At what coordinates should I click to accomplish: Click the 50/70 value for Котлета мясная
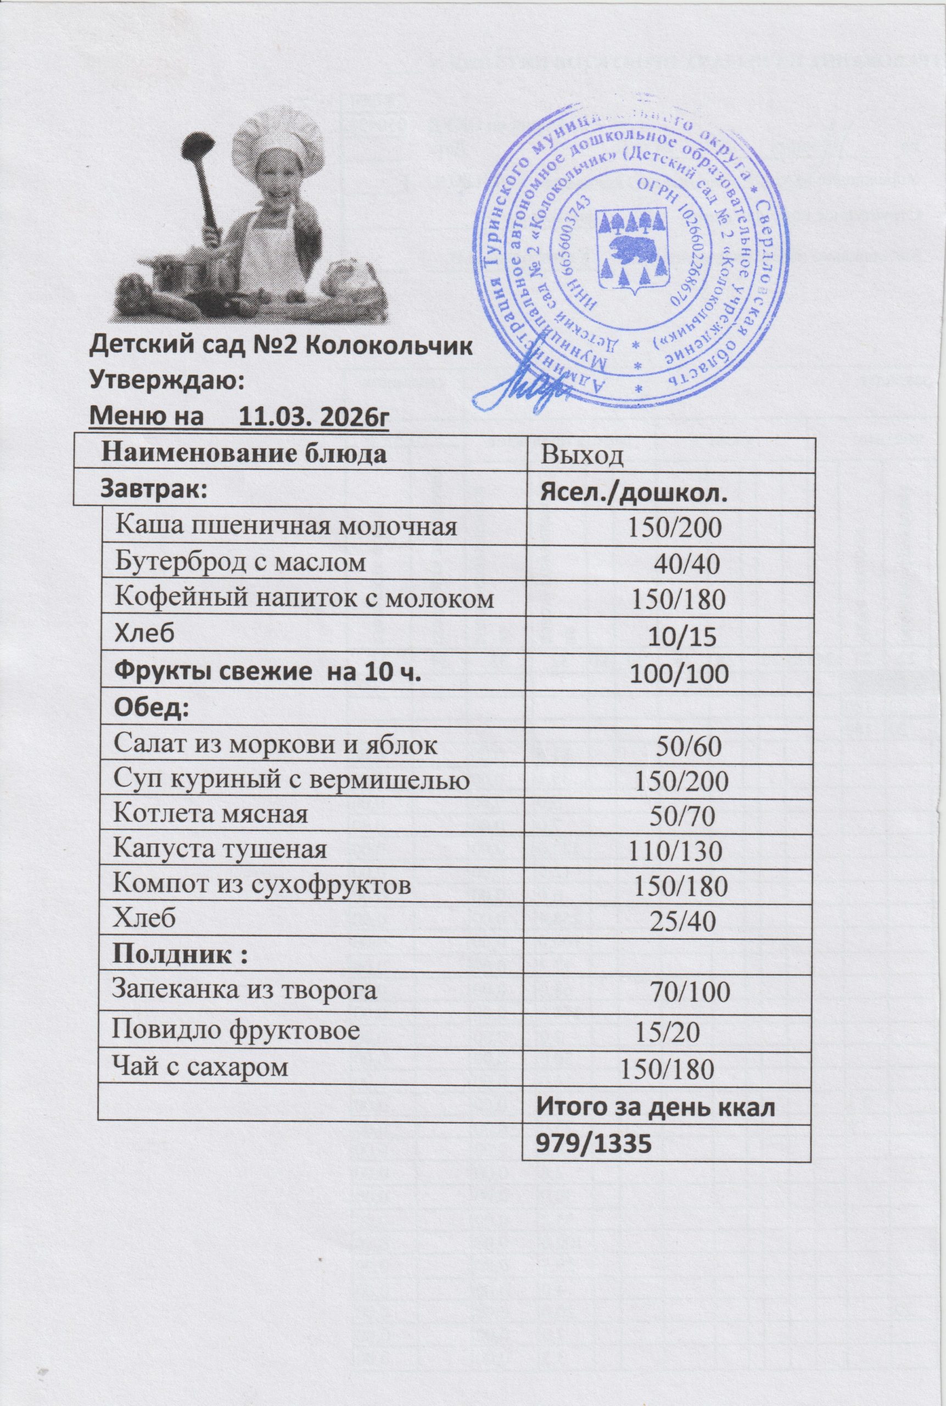click(x=682, y=815)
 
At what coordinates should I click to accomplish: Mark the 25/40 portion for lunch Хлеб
click(x=682, y=920)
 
